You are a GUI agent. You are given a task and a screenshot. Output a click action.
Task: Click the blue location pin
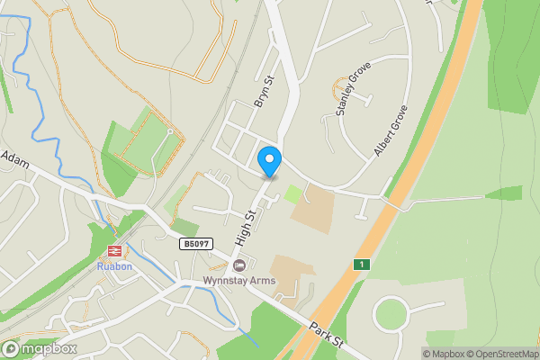point(269,160)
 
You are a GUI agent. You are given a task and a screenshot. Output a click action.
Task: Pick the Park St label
point(326,337)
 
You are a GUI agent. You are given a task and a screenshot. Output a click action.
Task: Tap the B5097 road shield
point(196,244)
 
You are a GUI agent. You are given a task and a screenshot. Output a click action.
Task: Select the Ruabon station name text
point(114,266)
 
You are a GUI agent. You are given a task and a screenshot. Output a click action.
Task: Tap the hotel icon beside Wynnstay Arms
point(238,265)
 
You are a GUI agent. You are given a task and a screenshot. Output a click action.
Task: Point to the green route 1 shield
point(362,264)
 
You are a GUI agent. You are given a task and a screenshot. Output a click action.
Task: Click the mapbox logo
point(40,348)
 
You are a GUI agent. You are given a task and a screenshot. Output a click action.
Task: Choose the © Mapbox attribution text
point(446,354)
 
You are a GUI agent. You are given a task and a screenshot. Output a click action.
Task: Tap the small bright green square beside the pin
point(293,193)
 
